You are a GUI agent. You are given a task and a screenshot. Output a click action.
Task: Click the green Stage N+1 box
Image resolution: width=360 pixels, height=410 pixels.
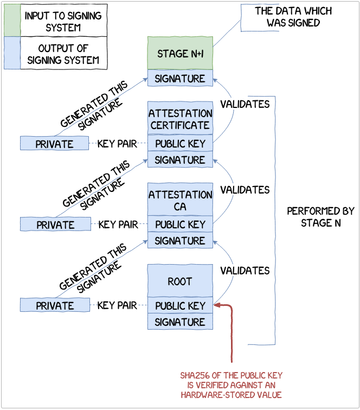click(x=180, y=53)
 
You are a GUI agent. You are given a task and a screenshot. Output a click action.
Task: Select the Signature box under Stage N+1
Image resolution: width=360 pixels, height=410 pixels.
click(x=180, y=79)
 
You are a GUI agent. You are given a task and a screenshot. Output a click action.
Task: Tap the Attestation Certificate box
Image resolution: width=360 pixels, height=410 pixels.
click(x=180, y=119)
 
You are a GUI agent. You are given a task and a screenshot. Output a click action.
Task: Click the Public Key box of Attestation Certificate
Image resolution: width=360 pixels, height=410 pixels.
click(x=180, y=144)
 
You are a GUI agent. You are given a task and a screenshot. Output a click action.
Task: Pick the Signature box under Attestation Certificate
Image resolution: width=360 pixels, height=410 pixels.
click(x=180, y=160)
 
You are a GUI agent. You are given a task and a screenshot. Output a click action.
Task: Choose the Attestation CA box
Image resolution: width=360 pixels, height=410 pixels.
click(x=180, y=200)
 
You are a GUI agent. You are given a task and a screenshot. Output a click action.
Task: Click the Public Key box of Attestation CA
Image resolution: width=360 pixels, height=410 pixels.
click(x=180, y=225)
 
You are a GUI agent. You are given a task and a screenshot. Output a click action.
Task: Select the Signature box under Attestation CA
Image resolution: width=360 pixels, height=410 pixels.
click(x=180, y=241)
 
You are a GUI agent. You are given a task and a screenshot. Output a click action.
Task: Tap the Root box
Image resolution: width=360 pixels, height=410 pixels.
click(x=180, y=281)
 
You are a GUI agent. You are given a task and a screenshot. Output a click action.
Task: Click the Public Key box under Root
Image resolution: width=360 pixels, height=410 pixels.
click(x=180, y=306)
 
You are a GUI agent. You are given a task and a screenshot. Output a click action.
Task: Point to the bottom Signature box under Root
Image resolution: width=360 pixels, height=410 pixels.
click(x=180, y=322)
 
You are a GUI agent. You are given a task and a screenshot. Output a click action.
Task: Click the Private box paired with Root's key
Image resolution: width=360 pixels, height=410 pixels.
click(x=55, y=306)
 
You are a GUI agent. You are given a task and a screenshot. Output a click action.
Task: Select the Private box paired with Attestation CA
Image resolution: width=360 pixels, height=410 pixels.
click(x=55, y=225)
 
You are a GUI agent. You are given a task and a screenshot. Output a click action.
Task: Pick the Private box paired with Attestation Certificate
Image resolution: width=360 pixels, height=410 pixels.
click(x=55, y=144)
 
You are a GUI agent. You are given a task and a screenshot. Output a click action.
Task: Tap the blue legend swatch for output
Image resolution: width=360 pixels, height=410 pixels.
click(x=12, y=53)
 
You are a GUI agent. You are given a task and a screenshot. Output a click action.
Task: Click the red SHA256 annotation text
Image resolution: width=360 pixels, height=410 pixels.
click(x=232, y=385)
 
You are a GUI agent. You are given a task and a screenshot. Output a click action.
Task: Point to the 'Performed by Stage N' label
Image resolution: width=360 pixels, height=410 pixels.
click(x=320, y=216)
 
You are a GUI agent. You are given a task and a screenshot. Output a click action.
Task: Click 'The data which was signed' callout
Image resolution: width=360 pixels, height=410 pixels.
click(x=293, y=17)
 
